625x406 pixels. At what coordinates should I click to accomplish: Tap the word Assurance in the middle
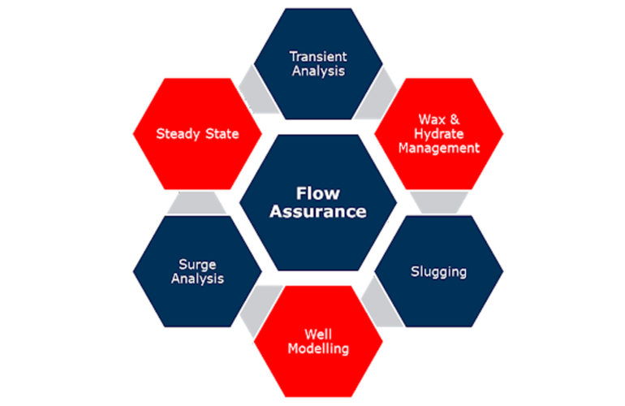[318, 212]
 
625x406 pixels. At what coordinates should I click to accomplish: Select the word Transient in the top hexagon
[318, 57]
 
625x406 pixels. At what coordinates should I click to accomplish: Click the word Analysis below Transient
[318, 71]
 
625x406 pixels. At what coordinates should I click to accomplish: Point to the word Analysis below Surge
[197, 279]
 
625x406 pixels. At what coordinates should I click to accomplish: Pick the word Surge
[197, 264]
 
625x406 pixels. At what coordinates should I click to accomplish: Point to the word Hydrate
[439, 133]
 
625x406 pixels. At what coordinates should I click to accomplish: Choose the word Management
[439, 148]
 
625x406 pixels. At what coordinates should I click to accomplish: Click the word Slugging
[439, 271]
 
